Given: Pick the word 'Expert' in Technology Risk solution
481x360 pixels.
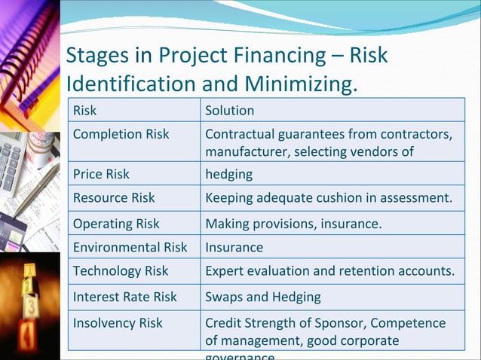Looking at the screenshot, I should pyautogui.click(x=225, y=270).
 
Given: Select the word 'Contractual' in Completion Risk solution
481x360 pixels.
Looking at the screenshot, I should pyautogui.click(x=240, y=135).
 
